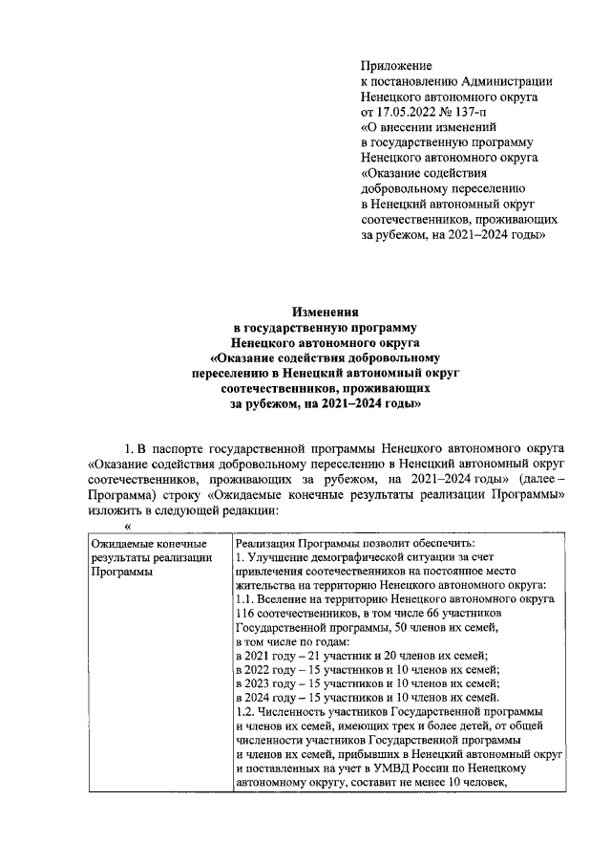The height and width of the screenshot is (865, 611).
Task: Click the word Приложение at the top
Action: [396, 66]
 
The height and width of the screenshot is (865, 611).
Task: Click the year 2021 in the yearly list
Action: [264, 655]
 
